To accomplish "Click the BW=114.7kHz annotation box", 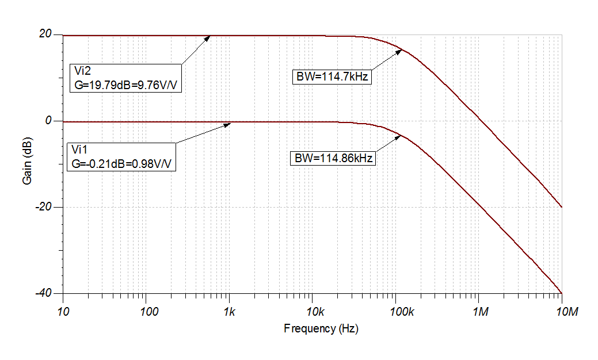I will click(332, 77).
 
